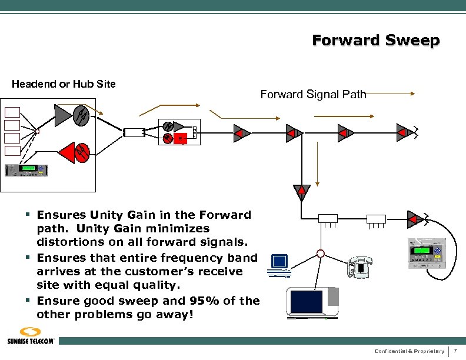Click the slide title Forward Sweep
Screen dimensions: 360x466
(x=375, y=41)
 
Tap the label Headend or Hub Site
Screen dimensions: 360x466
(x=64, y=84)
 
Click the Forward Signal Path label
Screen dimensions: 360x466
(x=313, y=94)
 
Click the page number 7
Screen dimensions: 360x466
(x=455, y=351)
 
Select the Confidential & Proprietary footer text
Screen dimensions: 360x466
(x=409, y=351)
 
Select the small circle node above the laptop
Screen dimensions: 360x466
(x=321, y=254)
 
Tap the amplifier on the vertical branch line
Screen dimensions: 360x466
(x=302, y=191)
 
